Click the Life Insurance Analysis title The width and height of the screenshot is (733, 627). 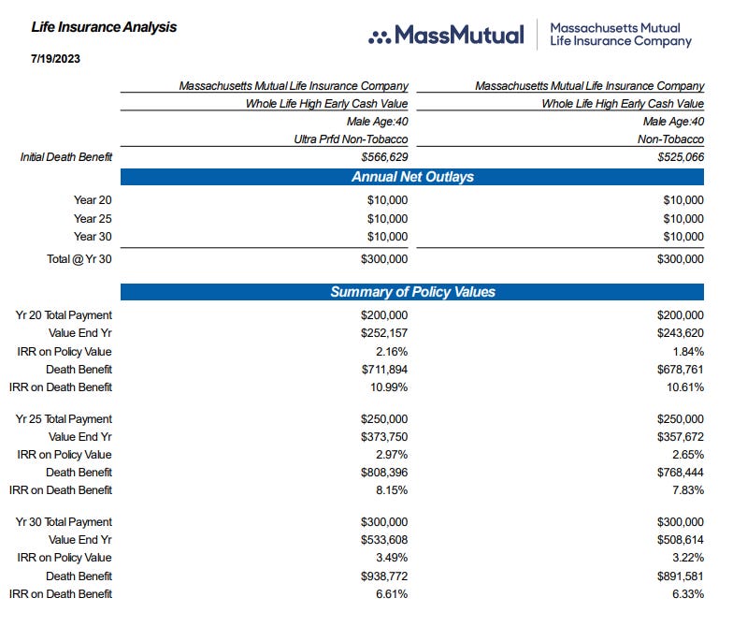coord(104,27)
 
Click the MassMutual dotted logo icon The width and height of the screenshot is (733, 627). coord(380,36)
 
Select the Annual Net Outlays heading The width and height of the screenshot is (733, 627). coord(411,177)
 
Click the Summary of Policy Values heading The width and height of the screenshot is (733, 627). coord(411,292)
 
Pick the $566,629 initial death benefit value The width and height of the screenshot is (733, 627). coord(384,157)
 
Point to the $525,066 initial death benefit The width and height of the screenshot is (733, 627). coord(681,157)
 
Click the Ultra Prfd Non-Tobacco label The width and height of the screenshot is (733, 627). coord(351,139)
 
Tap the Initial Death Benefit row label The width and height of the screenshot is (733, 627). coord(66,157)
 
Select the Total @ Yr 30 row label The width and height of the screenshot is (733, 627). coord(79,258)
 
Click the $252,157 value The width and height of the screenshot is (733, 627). coord(384,333)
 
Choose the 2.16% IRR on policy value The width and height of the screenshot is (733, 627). coord(390,351)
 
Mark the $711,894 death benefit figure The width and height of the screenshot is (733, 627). coord(384,369)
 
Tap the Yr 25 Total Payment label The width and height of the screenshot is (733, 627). coord(64,419)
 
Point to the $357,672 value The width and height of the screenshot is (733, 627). coord(681,437)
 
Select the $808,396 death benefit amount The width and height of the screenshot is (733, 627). coord(384,473)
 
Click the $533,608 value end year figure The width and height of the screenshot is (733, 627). coord(384,540)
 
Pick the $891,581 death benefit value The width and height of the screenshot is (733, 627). coord(681,576)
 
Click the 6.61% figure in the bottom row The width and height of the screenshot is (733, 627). coord(390,594)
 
